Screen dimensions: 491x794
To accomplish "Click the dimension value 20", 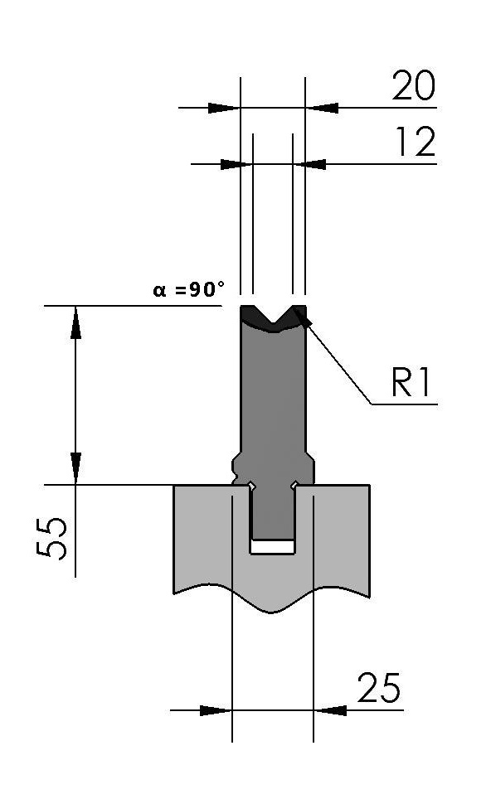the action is (x=414, y=85).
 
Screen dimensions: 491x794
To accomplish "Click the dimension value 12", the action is (x=416, y=142).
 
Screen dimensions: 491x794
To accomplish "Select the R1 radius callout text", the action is (x=411, y=382).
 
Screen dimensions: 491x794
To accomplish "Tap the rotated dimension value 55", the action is (x=52, y=538).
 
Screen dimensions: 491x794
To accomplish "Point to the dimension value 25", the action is (x=378, y=688).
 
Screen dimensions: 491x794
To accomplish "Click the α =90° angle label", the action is (x=188, y=289).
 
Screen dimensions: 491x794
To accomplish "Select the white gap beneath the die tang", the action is (x=273, y=546).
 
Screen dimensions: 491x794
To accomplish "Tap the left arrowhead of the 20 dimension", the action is (x=224, y=108).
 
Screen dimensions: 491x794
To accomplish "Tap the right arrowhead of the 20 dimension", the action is (x=321, y=108).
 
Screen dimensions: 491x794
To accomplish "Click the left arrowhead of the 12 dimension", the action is (x=236, y=164).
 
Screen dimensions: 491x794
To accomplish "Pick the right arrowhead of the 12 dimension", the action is (x=309, y=164).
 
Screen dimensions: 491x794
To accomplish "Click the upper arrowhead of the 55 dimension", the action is (x=75, y=322).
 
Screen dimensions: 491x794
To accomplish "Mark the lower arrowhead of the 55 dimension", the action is (x=75, y=468).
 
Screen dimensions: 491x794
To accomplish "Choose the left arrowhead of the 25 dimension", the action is (x=216, y=710).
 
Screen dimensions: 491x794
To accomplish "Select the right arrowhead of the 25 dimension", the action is (x=330, y=710).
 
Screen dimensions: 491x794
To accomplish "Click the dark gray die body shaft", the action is (x=273, y=405).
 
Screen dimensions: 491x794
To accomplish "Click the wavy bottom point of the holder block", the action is (x=272, y=612).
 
